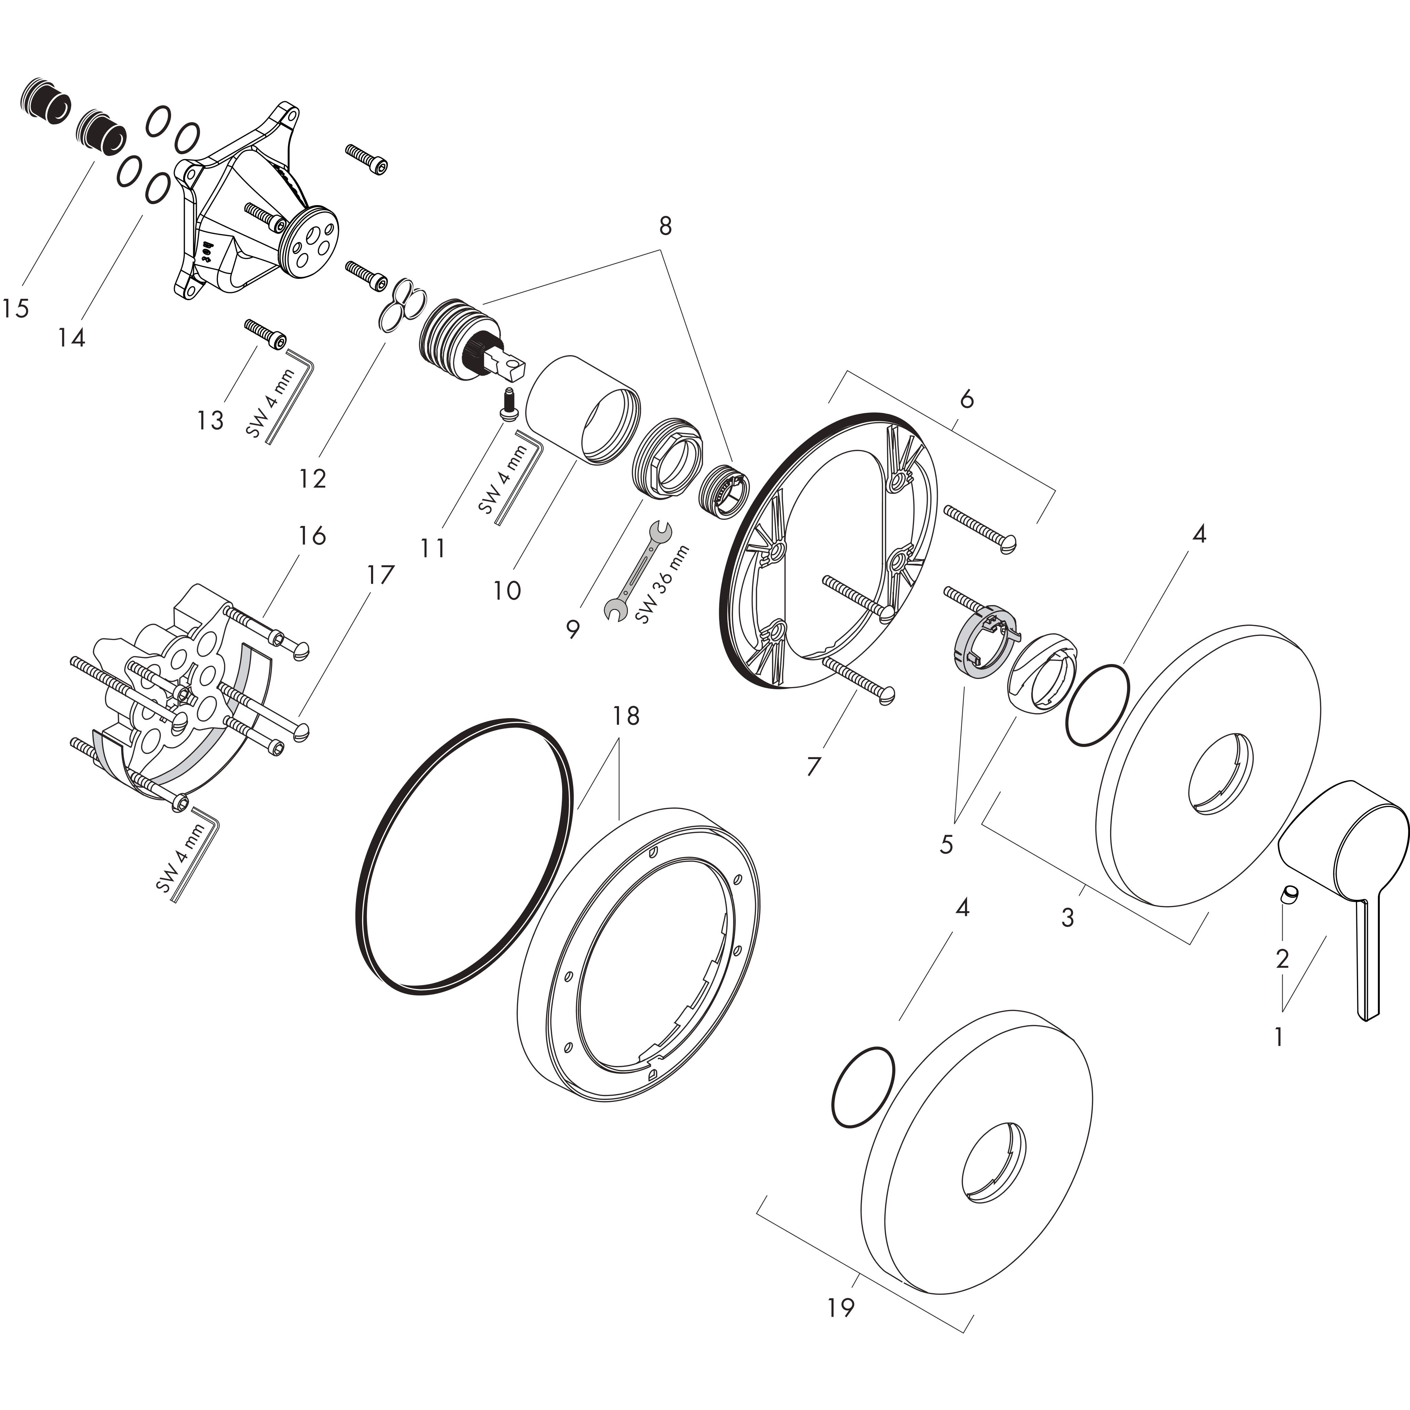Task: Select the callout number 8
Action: pyautogui.click(x=665, y=226)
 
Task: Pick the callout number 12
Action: pyautogui.click(x=312, y=479)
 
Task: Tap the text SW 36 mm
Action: pyautogui.click(x=662, y=584)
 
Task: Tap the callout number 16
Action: pyautogui.click(x=312, y=536)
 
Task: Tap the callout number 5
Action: pyautogui.click(x=947, y=844)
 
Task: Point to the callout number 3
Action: pyautogui.click(x=1068, y=917)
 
